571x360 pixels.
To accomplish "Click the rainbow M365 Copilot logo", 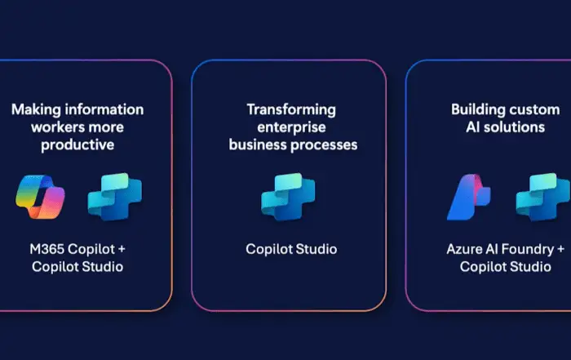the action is (x=40, y=197).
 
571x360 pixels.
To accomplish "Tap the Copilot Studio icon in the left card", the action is (x=115, y=197).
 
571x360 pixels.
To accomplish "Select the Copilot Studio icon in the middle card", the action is (x=288, y=197).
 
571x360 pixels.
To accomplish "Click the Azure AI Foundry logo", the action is (x=469, y=197).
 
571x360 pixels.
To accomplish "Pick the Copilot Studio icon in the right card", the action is (x=543, y=197).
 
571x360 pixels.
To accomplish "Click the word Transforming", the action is (x=291, y=110).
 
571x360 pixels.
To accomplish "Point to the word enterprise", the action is (x=291, y=127).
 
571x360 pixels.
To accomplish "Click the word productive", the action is (x=77, y=145).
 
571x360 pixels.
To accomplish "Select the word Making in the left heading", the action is (x=36, y=109).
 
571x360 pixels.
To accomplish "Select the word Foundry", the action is (x=527, y=250).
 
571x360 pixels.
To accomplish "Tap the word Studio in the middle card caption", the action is (x=316, y=249).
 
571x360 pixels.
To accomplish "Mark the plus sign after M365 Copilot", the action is (x=122, y=250).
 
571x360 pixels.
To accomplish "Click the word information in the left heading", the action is (x=104, y=109).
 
